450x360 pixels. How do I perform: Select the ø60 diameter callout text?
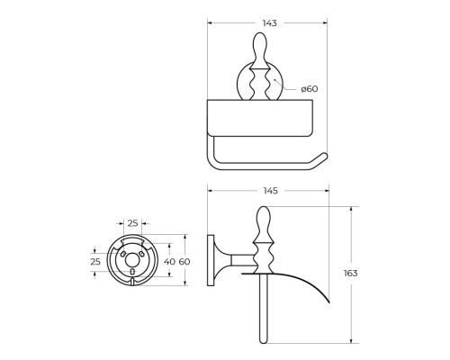pyautogui.click(x=309, y=88)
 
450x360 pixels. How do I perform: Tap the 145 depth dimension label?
pyautogui.click(x=267, y=190)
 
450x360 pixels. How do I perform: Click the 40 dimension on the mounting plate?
pyautogui.click(x=168, y=262)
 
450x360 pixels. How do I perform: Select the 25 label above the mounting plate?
pyautogui.click(x=133, y=222)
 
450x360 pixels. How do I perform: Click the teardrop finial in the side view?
pyautogui.click(x=266, y=220)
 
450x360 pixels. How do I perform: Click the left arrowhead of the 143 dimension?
pyautogui.click(x=209, y=22)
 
